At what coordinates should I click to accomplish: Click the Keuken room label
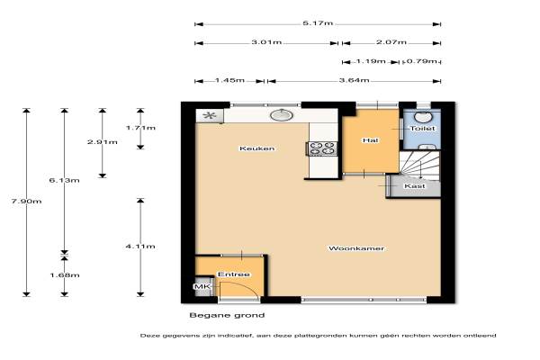pos(256,148)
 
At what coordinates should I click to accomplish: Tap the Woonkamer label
pos(356,248)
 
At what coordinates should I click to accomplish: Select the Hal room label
pos(371,140)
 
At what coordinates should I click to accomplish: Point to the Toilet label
pos(423,128)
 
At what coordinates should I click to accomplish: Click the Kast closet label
pos(415,186)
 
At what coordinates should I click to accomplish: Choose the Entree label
pos(234,274)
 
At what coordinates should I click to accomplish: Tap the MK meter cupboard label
pos(201,286)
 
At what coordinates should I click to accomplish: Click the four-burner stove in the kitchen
pos(322,148)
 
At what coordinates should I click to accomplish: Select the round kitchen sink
pos(282,115)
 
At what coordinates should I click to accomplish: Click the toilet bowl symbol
pos(423,117)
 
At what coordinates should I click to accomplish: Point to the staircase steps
pos(419,166)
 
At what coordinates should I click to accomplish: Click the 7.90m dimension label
pos(26,202)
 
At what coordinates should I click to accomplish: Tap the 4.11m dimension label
pos(140,247)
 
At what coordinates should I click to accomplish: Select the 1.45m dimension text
pos(229,80)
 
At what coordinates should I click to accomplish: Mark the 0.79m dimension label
pos(422,61)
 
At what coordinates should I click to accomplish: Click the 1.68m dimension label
pos(65,274)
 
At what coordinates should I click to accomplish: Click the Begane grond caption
pos(227,315)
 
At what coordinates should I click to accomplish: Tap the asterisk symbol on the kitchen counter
pos(209,115)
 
